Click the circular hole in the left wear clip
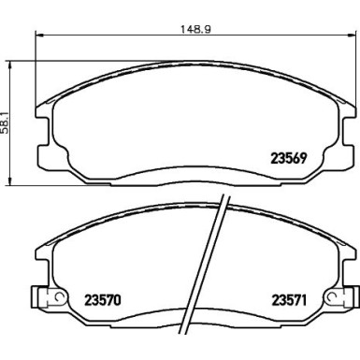pos(54,299)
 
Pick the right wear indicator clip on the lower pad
pos(335,300)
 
